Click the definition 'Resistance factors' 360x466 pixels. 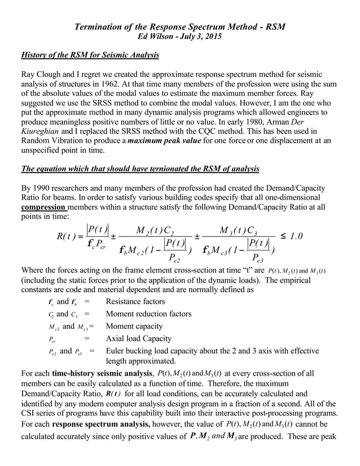tap(135, 302)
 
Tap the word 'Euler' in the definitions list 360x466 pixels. tap(117, 351)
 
